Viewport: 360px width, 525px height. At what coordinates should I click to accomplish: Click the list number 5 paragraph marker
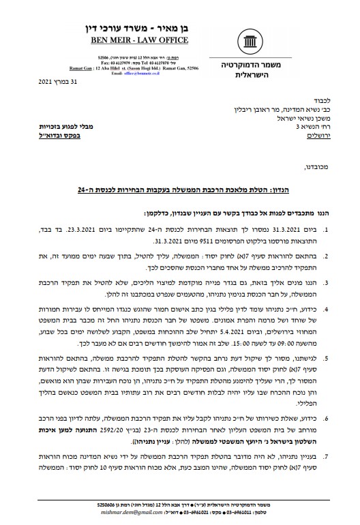pyautogui.click(x=327, y=355)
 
